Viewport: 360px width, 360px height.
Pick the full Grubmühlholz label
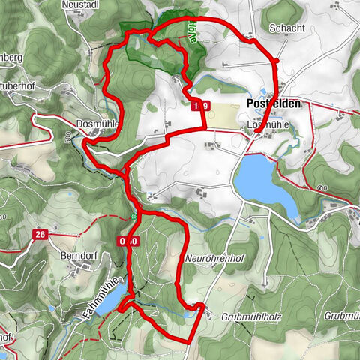point(250,316)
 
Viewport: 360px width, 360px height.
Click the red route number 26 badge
point(40,235)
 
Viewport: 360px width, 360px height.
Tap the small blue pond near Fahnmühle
point(108,301)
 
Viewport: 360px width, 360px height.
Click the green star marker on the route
point(133,217)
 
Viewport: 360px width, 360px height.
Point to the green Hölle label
point(193,34)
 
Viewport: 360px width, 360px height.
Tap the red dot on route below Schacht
point(277,61)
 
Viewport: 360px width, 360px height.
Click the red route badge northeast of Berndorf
point(127,241)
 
